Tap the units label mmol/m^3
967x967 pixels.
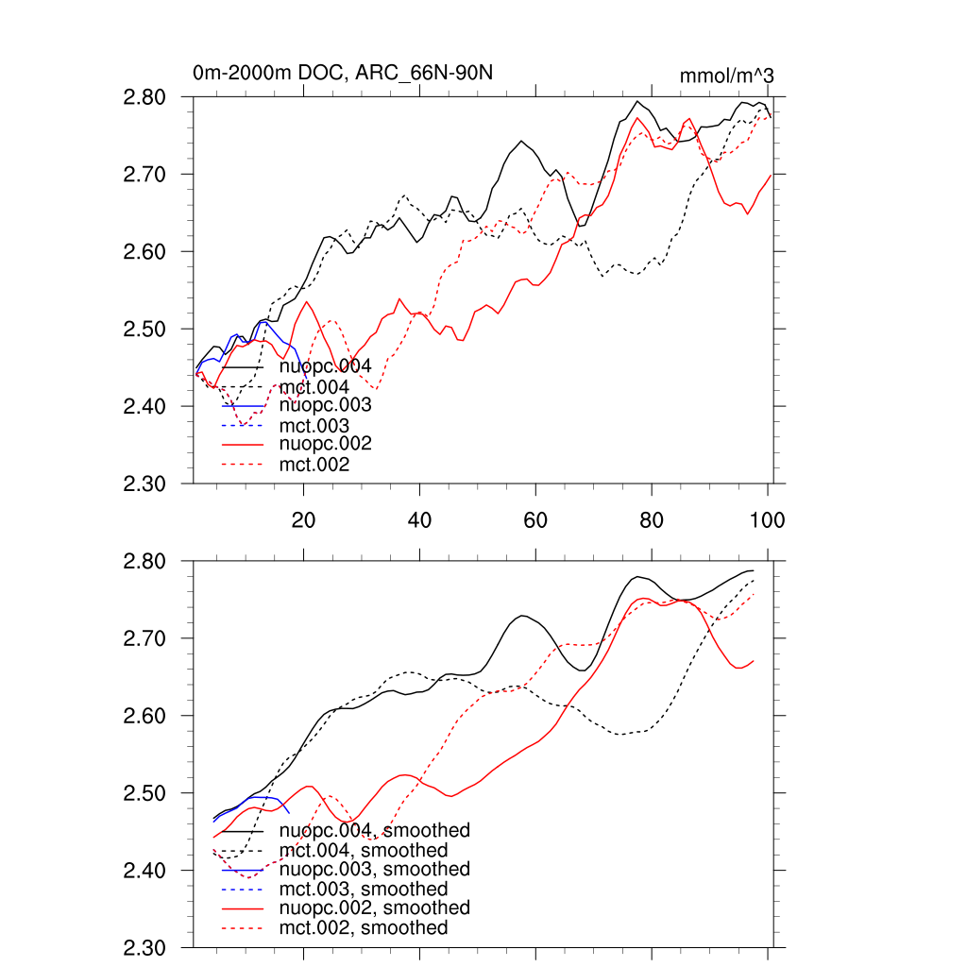coord(727,76)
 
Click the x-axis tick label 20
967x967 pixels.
coord(303,519)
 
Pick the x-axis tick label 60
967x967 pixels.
coord(535,519)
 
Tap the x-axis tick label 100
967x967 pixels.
coord(767,519)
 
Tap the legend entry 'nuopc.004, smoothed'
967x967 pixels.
coord(375,831)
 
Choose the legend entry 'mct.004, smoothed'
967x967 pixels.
coord(364,851)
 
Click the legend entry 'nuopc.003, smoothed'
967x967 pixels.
coord(375,869)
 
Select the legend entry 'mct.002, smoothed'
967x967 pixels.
coord(364,928)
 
